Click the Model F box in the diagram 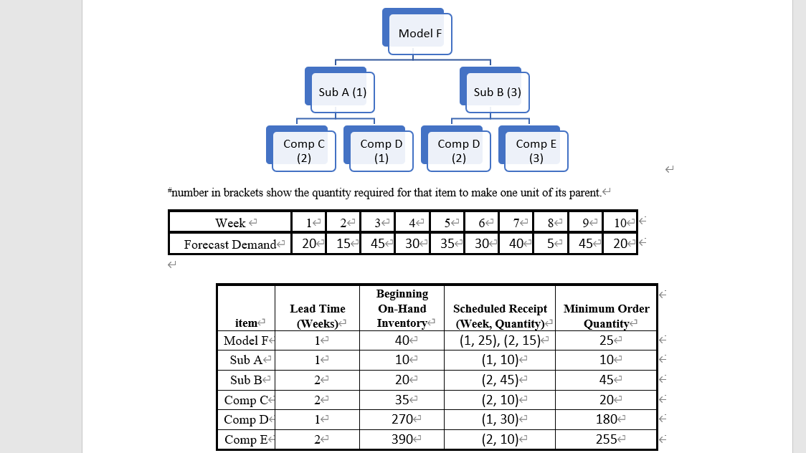[x=420, y=34]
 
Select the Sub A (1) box [x=343, y=92]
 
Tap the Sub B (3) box [x=497, y=92]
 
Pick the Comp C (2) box [x=304, y=151]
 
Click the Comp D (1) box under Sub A [x=381, y=151]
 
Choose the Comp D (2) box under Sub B [x=459, y=151]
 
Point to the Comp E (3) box [x=536, y=151]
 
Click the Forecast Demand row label [x=229, y=244]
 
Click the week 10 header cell [x=619, y=223]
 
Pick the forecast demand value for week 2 [x=343, y=244]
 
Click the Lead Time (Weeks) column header [x=317, y=315]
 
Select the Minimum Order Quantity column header [x=606, y=315]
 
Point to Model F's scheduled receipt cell [x=500, y=340]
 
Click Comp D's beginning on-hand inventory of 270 [x=402, y=419]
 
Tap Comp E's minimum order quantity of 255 [x=606, y=439]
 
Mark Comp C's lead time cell [x=317, y=400]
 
